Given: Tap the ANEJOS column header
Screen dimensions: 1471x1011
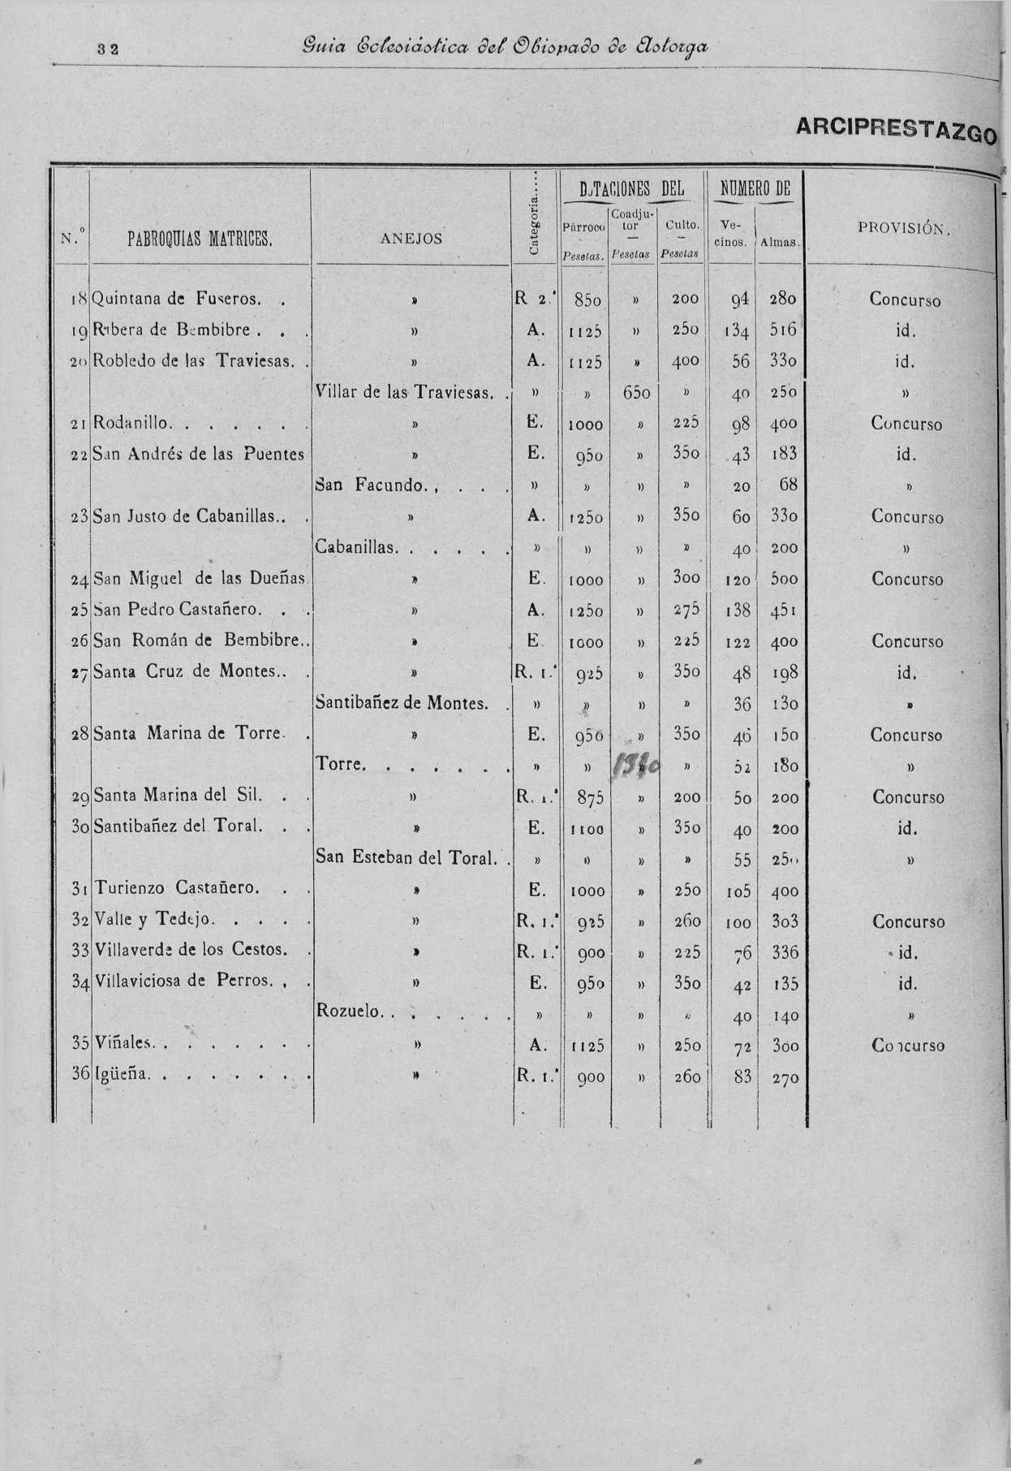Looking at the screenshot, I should coord(411,238).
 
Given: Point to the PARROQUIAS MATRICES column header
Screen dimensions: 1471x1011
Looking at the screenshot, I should coord(200,239).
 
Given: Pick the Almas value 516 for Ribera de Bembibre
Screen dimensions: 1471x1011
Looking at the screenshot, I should coord(784,330).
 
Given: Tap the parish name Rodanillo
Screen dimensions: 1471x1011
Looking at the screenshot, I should coord(132,423).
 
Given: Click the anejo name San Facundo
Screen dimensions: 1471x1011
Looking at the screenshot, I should coord(370,485).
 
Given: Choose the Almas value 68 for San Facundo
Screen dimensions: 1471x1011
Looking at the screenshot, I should coord(787,485).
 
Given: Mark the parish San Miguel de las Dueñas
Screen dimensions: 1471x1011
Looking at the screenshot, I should coord(200,579).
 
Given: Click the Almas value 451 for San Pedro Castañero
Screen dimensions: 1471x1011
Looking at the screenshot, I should coord(784,610).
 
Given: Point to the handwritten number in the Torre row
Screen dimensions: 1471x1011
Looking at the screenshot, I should coord(639,764).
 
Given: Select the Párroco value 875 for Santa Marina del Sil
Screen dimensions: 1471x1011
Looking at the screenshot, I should coord(589,798).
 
